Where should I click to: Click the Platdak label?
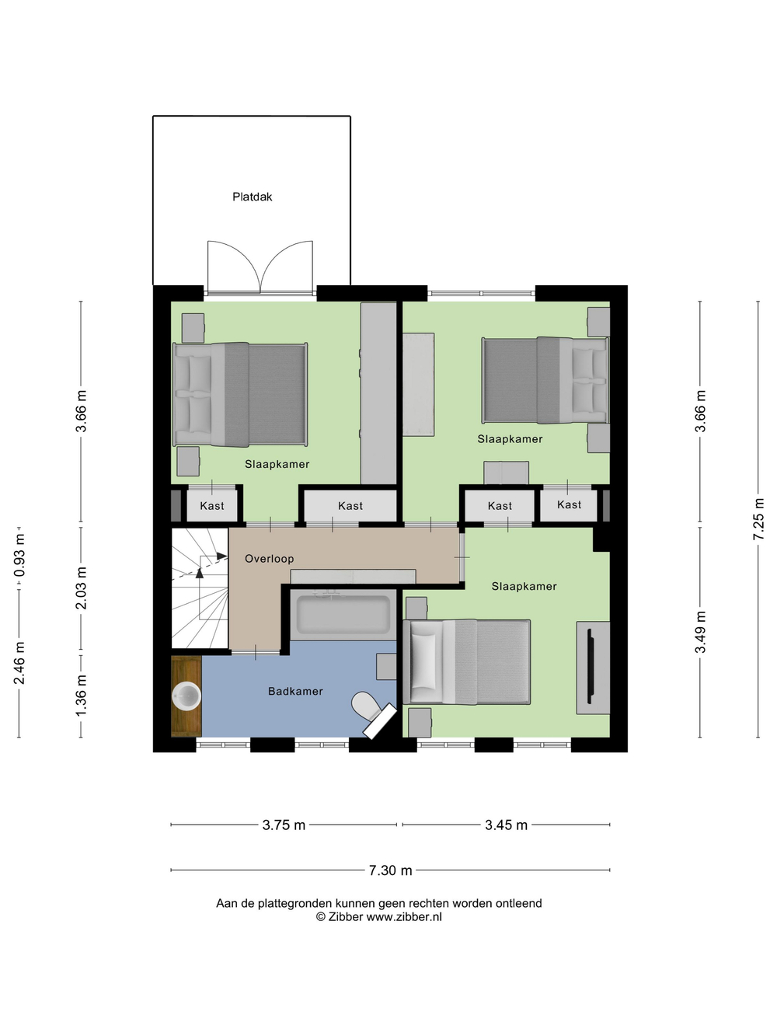point(252,197)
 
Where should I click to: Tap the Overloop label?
point(269,559)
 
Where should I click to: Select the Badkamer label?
point(295,692)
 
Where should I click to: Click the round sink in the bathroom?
point(186,696)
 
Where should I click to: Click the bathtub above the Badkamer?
point(343,614)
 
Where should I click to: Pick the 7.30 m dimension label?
point(390,870)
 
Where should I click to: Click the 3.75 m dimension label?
point(284,825)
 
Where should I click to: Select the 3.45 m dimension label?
point(506,825)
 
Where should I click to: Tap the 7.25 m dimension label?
point(758,519)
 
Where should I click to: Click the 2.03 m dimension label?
point(81,588)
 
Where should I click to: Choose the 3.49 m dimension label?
point(700,633)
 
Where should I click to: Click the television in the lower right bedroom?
point(591,667)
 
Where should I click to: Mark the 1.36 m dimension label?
point(81,695)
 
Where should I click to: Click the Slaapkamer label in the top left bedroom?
point(277,465)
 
